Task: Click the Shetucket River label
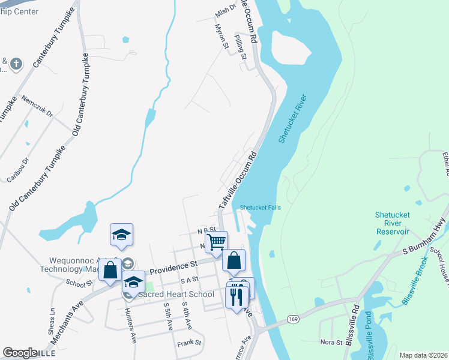tap(292, 119)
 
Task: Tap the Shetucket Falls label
tap(260, 208)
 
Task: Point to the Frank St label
tap(189, 344)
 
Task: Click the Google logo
tap(20, 353)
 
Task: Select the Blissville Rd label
tap(357, 317)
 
